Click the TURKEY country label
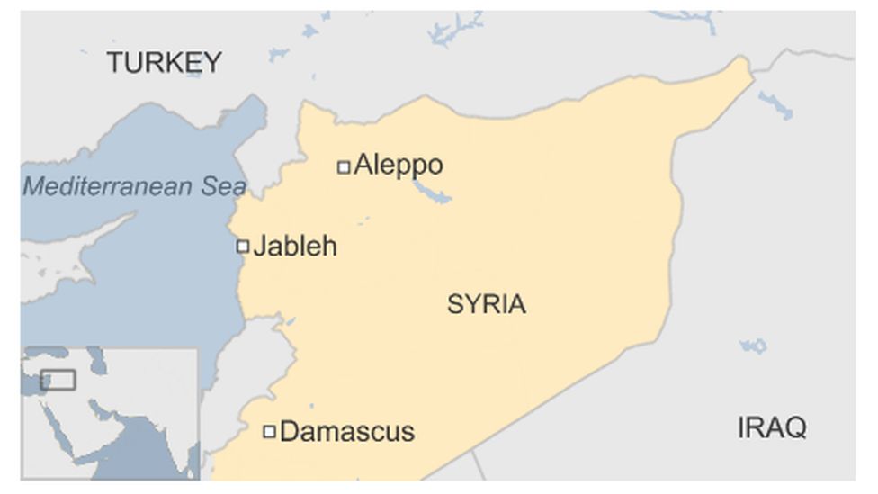164,62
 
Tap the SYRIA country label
486,304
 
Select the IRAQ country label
772,427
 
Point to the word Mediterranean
108,186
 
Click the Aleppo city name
398,165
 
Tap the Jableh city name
294,246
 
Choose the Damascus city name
347,431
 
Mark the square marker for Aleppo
343,166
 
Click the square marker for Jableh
242,246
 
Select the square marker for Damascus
269,432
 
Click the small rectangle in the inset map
58,380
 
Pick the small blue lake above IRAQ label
754,346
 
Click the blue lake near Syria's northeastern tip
775,105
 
